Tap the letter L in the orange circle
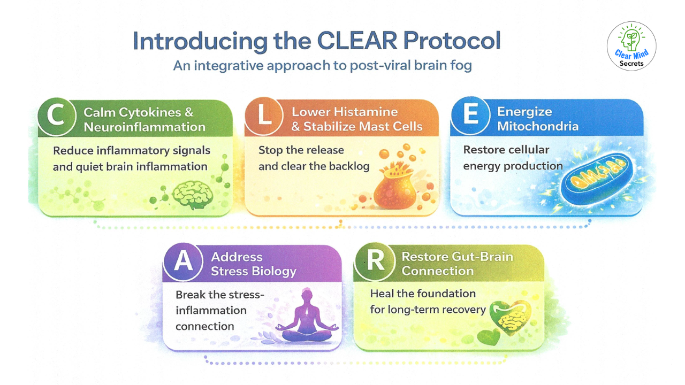[265, 115]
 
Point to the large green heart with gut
[510, 318]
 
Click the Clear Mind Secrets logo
[631, 46]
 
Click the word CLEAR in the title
[357, 41]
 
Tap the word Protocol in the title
[452, 41]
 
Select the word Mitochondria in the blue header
[538, 126]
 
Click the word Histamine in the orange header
[366, 112]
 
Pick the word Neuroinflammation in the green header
[144, 127]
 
